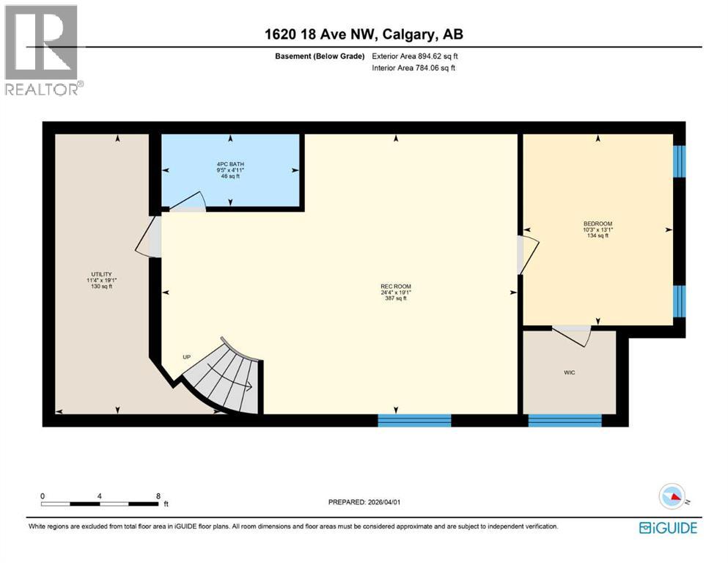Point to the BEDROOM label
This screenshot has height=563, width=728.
pos(598,224)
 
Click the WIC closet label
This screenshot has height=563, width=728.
pos(569,372)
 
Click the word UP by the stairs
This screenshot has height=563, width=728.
pos(188,357)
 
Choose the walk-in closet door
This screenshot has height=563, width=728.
pos(572,334)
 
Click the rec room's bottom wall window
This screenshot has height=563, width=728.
pos(414,420)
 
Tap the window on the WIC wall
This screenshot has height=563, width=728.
pos(565,420)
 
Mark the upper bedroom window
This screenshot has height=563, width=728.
pos(679,161)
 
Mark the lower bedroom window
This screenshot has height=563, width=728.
pos(679,301)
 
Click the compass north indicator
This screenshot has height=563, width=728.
pos(672,498)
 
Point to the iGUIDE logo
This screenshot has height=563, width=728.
pos(668,528)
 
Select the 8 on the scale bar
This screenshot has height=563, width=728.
pos(158,496)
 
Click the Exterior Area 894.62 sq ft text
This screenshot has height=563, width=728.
pos(418,56)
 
